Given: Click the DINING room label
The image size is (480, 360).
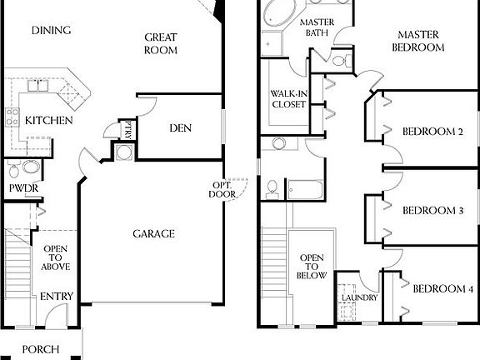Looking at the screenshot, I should pos(51,31).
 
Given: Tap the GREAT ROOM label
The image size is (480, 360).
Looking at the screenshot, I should pos(162,43).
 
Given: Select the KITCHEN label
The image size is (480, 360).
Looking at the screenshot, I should pos(48,121).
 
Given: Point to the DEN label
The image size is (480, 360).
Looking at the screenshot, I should pos(181,127).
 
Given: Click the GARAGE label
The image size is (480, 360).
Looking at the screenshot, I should pos(154,234).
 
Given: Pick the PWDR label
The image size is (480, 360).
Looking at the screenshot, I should pos(21,188).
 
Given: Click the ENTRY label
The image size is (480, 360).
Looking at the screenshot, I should pos(57,297).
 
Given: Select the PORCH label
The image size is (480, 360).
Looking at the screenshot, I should pos(40,349).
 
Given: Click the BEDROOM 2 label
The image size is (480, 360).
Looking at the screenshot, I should pos(432,131).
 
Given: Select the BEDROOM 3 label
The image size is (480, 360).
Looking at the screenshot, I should pos(432,211).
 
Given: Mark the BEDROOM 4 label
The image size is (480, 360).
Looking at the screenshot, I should pos(442,289).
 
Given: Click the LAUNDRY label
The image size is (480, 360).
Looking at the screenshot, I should pos(359,297).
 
